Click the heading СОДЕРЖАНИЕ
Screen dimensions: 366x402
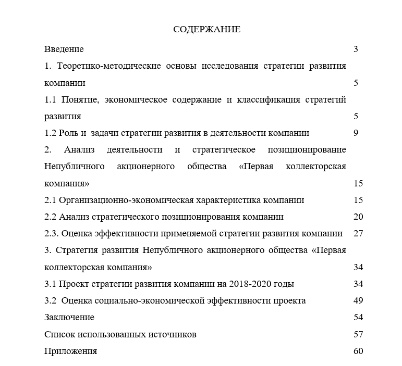coord(206,30)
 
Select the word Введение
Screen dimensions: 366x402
coord(64,49)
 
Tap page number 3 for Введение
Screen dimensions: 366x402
coord(356,49)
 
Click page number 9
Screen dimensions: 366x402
coord(356,133)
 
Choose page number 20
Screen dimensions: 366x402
coord(358,217)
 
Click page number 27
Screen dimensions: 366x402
coord(358,233)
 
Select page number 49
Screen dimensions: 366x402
coord(358,300)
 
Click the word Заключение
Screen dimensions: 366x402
coord(69,317)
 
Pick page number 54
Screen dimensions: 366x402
coord(358,317)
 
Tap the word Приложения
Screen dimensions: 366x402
coord(70,351)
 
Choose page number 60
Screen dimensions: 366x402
coord(358,351)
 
